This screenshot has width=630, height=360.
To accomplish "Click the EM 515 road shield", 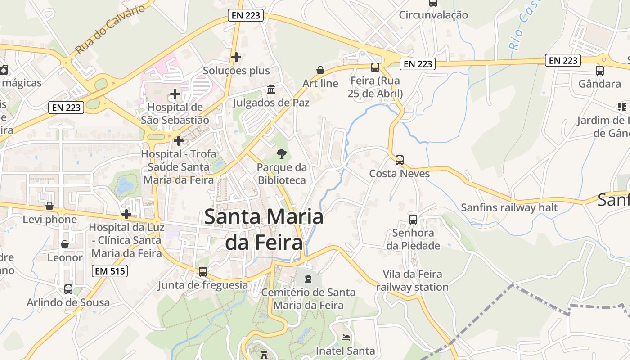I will [x=110, y=271].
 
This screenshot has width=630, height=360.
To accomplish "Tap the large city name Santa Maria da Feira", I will [x=264, y=229].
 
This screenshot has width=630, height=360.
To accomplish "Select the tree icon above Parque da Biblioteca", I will [x=282, y=154].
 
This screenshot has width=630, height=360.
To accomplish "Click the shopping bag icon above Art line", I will [x=320, y=70].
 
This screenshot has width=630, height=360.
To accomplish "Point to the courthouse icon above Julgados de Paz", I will [x=271, y=90].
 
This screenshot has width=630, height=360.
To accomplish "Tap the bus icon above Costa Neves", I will [x=399, y=160].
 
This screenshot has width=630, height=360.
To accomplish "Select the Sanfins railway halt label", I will [x=509, y=207].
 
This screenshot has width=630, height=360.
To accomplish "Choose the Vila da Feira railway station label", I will [x=412, y=280].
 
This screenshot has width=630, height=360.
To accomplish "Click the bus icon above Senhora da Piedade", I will [x=413, y=219].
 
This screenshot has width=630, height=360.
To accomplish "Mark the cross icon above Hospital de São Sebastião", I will [x=175, y=94].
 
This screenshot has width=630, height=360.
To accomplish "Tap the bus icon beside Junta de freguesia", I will [x=203, y=272].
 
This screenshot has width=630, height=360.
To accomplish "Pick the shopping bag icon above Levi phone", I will [x=49, y=206].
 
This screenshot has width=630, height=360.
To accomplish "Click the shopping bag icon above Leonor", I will [x=65, y=244].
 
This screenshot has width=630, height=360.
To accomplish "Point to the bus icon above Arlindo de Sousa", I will [x=68, y=289].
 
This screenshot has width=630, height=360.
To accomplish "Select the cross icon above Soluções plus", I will [x=236, y=57].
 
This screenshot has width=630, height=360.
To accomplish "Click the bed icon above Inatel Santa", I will [x=346, y=337].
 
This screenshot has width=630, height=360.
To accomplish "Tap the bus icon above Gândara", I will [x=599, y=70].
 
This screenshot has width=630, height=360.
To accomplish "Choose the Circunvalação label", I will [x=433, y=15].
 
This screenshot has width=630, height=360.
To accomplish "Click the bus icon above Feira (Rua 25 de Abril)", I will [x=375, y=67].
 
